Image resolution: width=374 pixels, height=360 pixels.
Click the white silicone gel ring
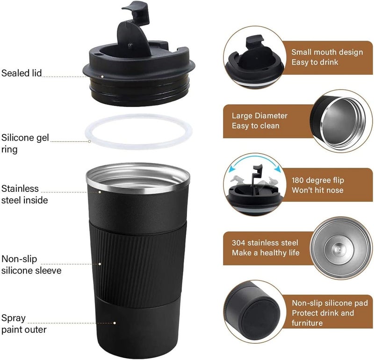(x=138, y=147)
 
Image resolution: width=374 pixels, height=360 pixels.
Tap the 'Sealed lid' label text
(x=22, y=73)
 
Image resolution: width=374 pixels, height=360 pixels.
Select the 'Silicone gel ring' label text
(x=25, y=143)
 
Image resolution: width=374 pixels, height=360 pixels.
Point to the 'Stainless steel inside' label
(x=25, y=194)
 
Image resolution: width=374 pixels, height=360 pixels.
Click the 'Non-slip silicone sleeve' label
(x=31, y=264)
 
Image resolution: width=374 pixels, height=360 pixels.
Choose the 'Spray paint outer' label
(x=24, y=324)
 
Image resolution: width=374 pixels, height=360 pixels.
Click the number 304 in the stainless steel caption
(x=238, y=243)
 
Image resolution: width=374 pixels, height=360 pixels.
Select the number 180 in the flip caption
(x=298, y=180)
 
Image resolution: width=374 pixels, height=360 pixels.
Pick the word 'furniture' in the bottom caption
(x=307, y=323)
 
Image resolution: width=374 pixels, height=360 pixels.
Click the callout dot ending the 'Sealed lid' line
(x=102, y=77)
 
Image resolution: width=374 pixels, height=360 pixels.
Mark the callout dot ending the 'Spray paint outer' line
(x=115, y=323)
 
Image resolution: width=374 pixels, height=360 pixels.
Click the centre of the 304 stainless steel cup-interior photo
(x=340, y=248)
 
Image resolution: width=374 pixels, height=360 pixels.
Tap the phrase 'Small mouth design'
(x=327, y=52)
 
